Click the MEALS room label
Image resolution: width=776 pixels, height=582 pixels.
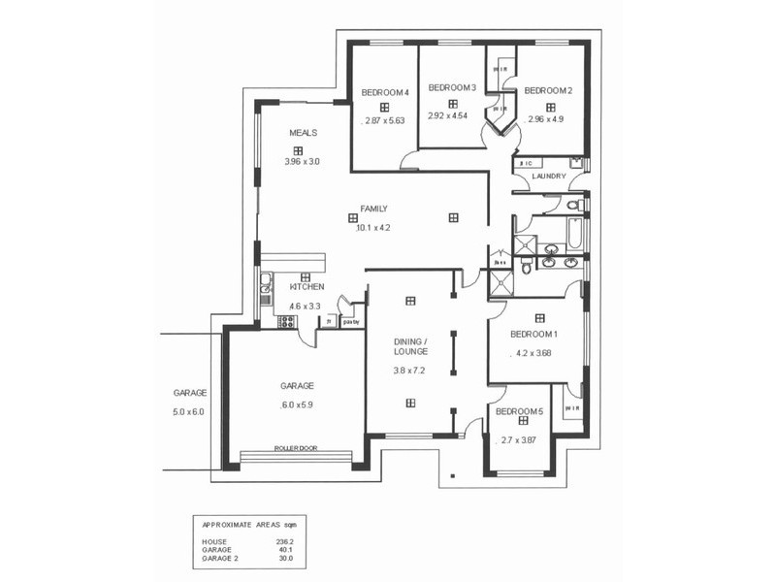tap(303, 133)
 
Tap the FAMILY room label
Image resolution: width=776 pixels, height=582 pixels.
tap(373, 209)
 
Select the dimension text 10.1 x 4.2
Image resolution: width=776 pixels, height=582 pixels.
tap(373, 228)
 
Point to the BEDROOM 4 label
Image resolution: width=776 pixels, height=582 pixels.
tap(385, 92)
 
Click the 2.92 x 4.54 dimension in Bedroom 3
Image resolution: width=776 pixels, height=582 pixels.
tap(448, 115)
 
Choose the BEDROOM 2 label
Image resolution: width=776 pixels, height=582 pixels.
tap(548, 91)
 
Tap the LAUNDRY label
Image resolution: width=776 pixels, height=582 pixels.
tap(548, 177)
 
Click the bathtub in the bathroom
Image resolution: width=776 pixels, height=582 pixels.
tap(573, 233)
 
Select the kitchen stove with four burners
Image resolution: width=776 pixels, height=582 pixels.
tap(286, 321)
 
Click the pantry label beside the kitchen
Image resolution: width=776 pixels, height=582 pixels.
tap(351, 322)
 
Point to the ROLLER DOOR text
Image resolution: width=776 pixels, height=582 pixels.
tap(296, 448)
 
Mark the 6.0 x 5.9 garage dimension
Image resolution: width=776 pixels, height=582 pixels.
tap(298, 405)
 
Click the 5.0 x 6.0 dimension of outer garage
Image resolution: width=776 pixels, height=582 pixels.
tap(190, 412)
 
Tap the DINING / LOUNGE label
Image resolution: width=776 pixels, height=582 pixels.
tap(410, 346)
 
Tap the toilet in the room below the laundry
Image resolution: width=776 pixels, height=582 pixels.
tap(572, 205)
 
